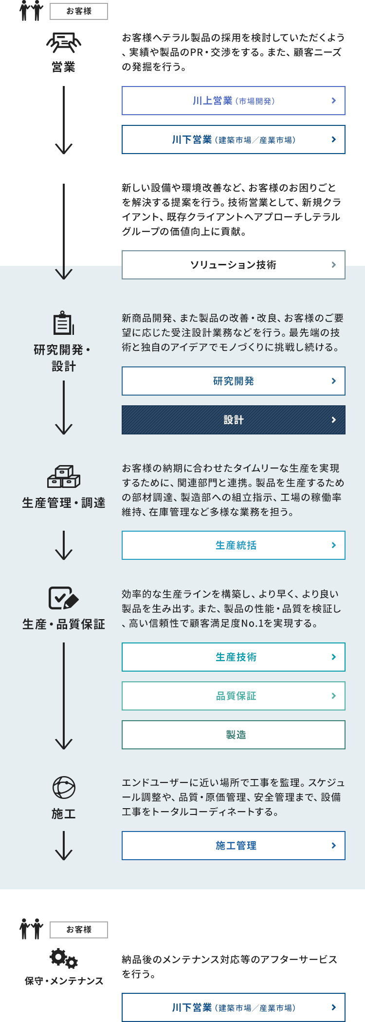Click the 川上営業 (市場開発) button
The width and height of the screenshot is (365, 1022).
tap(234, 101)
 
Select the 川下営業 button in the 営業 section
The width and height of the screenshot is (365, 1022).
tap(234, 139)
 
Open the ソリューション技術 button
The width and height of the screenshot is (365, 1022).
tap(234, 265)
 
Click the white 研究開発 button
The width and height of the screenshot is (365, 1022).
tap(234, 381)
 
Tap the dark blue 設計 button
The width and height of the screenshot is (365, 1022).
tap(234, 420)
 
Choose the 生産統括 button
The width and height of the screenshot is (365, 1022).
tap(234, 545)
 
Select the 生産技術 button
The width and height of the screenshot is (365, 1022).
tap(234, 657)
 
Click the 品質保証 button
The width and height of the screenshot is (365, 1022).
tap(234, 696)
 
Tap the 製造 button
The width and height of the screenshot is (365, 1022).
tap(234, 735)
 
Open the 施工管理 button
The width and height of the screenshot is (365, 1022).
tap(234, 846)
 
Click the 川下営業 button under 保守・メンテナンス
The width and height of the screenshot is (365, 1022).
tap(234, 1007)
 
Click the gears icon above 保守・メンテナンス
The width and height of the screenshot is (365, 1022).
tap(64, 958)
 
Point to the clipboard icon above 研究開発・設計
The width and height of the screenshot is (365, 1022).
tap(64, 323)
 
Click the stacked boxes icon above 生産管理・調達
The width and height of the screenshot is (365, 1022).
tap(64, 477)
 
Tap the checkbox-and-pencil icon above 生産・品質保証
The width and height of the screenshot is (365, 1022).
tap(64, 598)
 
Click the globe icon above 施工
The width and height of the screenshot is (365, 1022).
tap(64, 788)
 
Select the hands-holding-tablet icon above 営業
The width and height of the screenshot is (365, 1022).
tap(64, 43)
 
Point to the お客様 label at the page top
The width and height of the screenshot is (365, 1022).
tap(79, 11)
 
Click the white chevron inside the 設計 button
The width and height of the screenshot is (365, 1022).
tap(334, 420)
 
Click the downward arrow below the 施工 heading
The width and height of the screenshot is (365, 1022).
tap(64, 846)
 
